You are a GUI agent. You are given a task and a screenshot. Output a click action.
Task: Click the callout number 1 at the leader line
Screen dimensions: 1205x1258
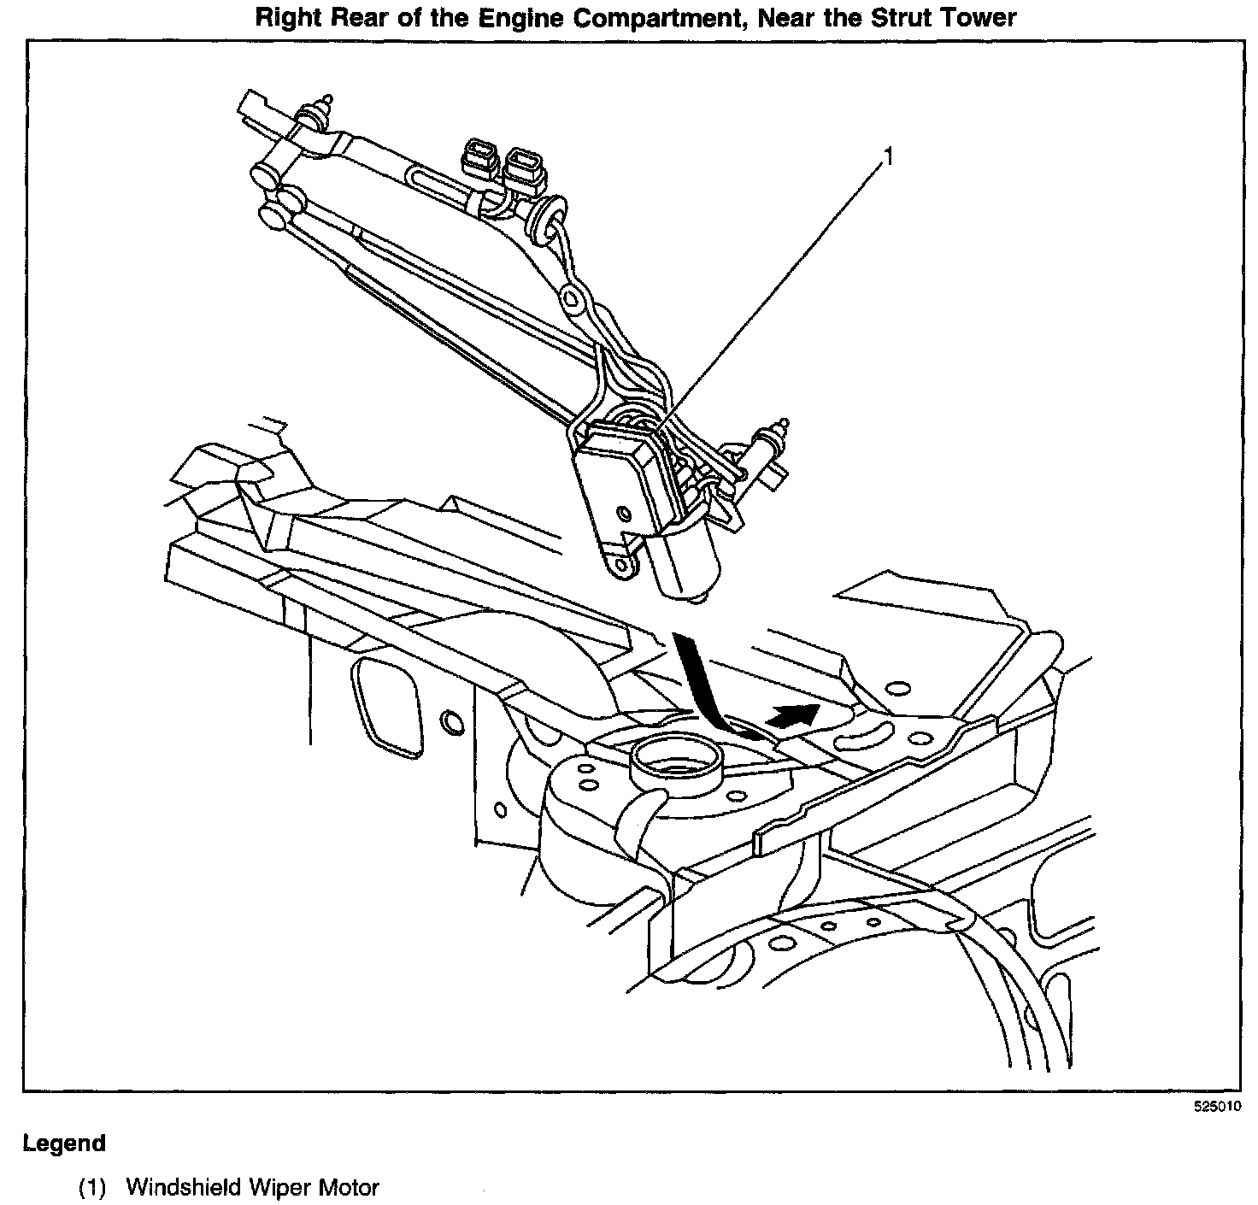click(x=889, y=156)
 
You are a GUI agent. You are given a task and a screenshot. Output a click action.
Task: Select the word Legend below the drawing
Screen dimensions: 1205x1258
click(x=64, y=1143)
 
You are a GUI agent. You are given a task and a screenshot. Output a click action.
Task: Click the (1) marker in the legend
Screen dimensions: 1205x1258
click(x=91, y=1187)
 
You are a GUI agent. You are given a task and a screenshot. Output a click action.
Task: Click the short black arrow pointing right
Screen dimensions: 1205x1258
click(x=791, y=714)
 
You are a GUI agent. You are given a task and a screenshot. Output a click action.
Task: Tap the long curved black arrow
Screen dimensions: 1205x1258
click(x=701, y=684)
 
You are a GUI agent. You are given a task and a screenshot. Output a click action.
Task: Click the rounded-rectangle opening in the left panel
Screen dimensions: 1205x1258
click(x=385, y=702)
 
